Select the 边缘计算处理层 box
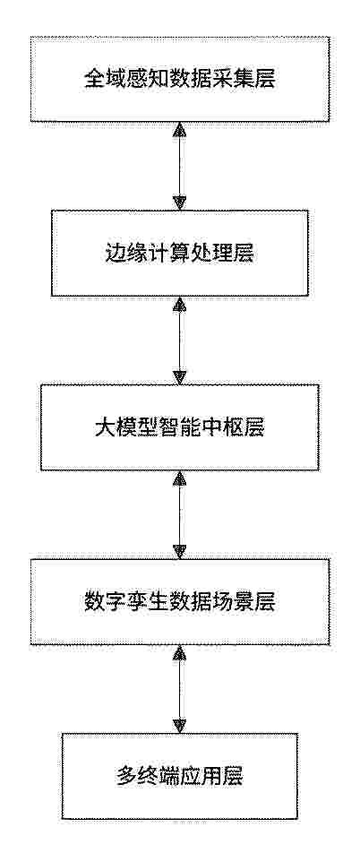[x=179, y=254]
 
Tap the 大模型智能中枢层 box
[x=179, y=427]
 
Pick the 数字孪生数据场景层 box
[x=179, y=602]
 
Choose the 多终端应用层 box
[x=179, y=776]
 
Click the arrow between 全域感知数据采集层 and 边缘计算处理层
[x=179, y=166]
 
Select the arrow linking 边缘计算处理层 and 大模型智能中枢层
[x=179, y=340]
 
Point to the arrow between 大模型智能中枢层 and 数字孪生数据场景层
[x=179, y=514]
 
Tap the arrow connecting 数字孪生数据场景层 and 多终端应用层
[x=179, y=689]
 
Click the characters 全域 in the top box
[x=102, y=80]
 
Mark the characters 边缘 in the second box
[x=121, y=254]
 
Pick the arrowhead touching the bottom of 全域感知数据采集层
[x=179, y=129]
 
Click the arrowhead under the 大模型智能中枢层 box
[x=179, y=478]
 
